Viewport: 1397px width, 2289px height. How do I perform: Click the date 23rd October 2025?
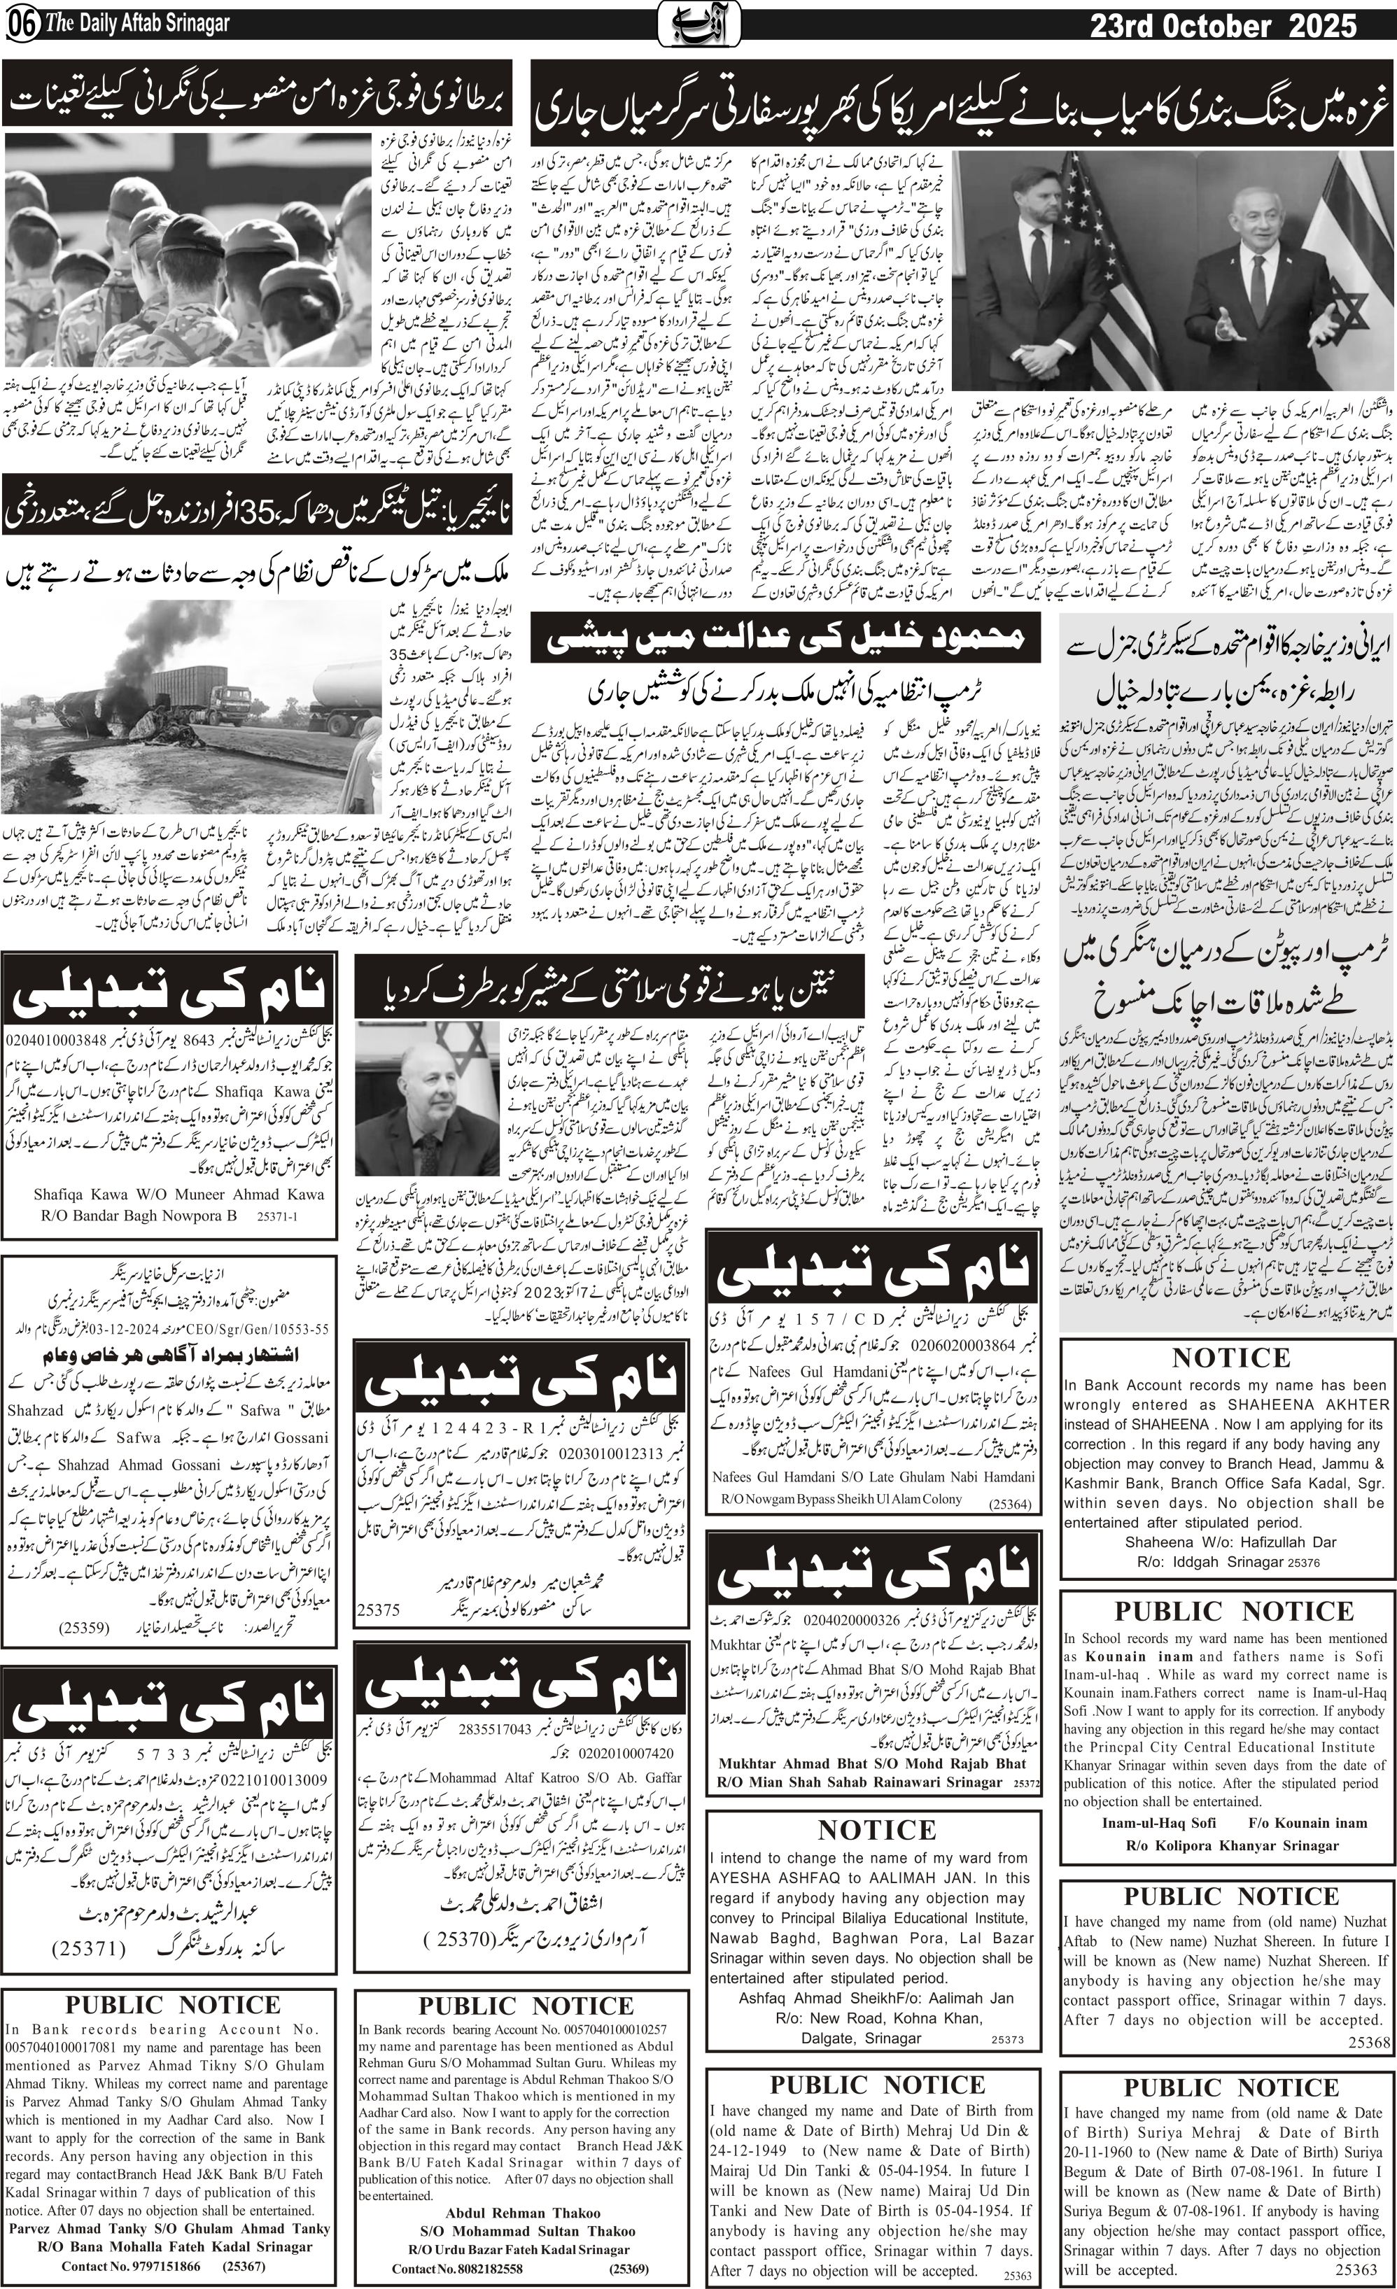click(1223, 28)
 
